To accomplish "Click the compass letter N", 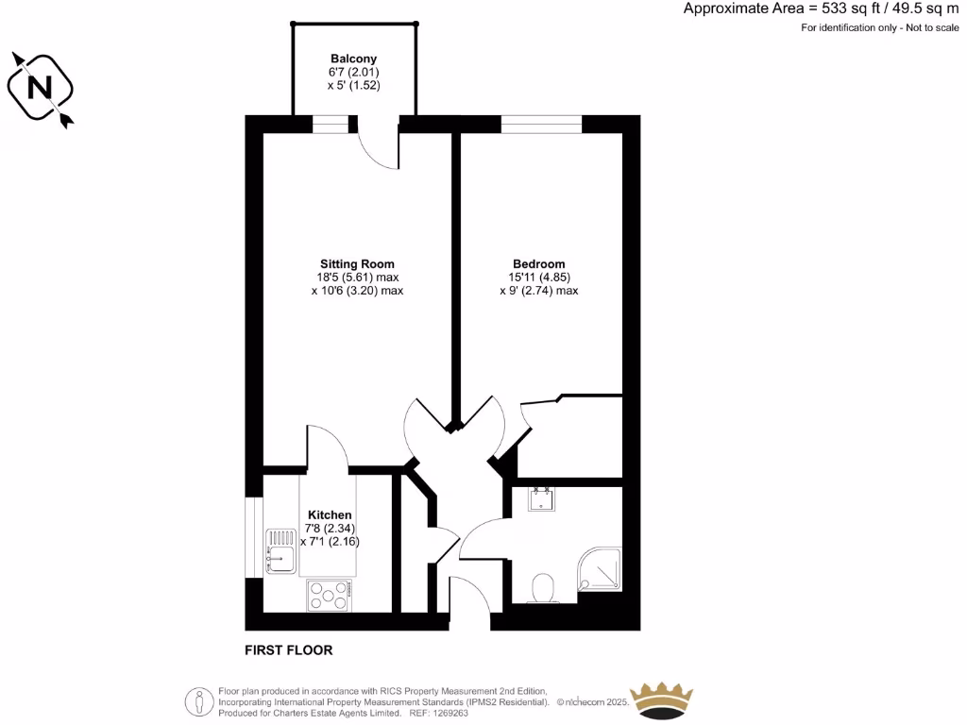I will (40, 88).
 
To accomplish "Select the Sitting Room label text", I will (357, 263).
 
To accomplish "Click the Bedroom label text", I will (538, 263).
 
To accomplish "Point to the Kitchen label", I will (329, 514).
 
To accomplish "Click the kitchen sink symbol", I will (281, 550).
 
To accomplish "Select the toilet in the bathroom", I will (543, 588).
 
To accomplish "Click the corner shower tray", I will (601, 569).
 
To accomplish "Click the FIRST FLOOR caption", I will (289, 650).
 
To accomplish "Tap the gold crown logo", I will (662, 700).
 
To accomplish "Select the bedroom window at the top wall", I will (541, 124).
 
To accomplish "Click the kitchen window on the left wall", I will (253, 535).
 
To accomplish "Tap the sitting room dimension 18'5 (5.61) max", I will (357, 278).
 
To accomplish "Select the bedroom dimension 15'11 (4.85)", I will (538, 278).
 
